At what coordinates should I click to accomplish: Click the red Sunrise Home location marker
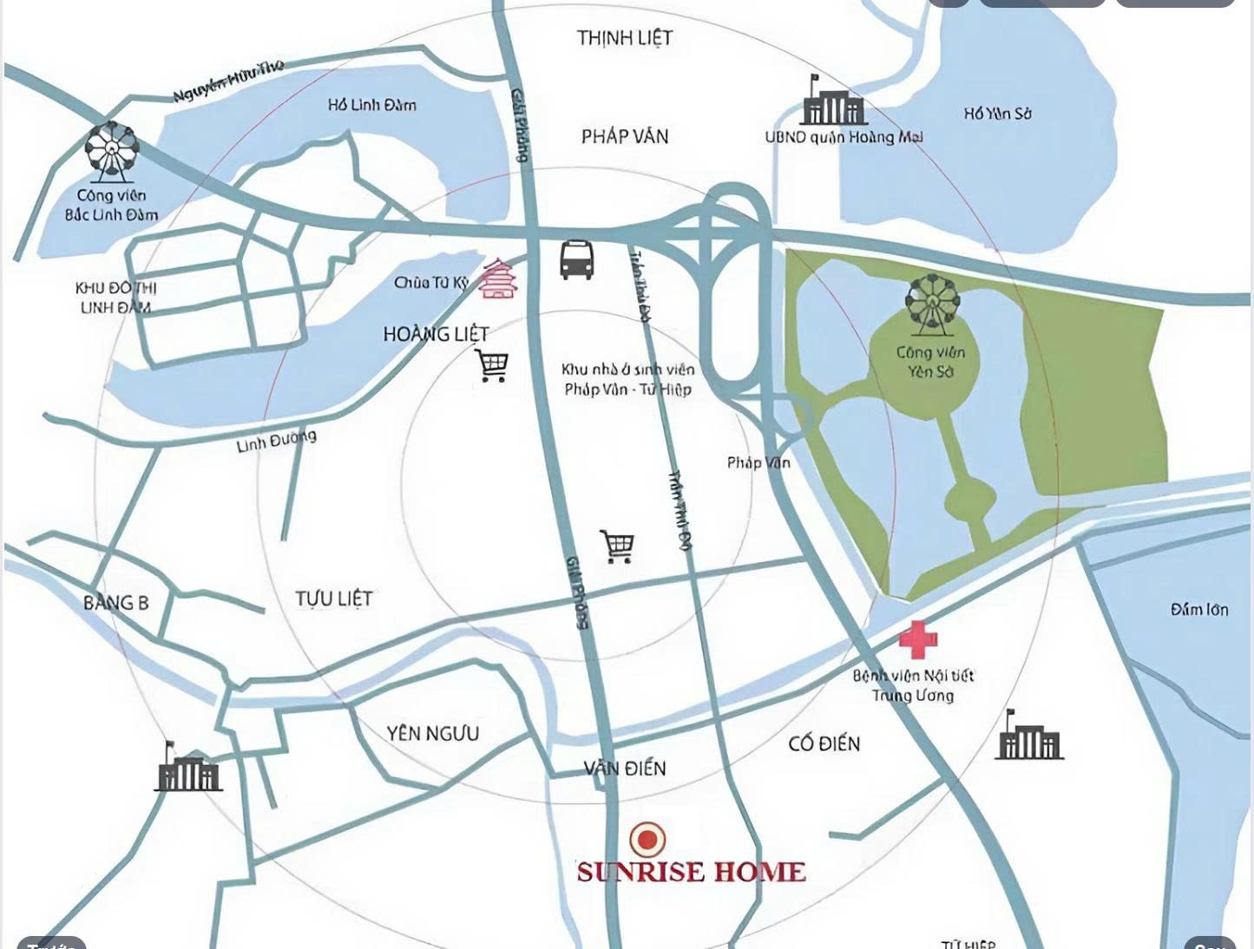647,839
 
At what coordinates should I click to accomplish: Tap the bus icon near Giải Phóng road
577,259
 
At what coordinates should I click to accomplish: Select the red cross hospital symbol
917,640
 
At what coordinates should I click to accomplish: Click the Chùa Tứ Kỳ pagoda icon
500,278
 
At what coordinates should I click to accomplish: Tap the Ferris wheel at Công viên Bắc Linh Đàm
112,152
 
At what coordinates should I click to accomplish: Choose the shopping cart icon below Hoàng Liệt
492,365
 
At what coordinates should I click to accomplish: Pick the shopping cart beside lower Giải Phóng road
617,546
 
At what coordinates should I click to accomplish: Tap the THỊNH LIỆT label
625,38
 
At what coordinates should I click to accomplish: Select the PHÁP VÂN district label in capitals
625,136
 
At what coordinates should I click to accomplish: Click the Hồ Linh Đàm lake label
371,105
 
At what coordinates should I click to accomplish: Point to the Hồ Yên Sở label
997,114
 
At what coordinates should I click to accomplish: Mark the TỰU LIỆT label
333,599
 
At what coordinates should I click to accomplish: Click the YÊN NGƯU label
432,733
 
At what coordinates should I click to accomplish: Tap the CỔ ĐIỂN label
824,743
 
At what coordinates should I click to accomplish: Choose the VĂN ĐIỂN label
625,768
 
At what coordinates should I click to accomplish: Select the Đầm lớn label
1198,610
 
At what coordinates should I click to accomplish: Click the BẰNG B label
115,602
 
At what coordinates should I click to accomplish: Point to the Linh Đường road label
276,442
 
